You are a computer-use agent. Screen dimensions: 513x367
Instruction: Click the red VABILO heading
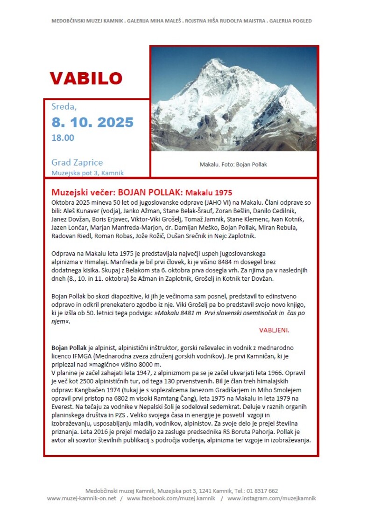click(x=86, y=78)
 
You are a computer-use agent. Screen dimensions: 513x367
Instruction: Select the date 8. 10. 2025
click(x=92, y=122)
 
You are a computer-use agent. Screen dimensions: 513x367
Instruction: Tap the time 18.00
click(x=63, y=138)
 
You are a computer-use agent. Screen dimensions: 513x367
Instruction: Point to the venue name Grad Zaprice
click(x=77, y=162)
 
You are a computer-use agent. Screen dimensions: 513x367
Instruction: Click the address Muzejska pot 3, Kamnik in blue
click(x=87, y=173)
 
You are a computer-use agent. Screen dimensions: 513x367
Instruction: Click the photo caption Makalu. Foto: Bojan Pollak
click(x=233, y=165)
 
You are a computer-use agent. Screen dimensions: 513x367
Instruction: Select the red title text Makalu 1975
click(x=209, y=192)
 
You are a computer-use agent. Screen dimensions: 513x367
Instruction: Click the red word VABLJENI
click(x=274, y=330)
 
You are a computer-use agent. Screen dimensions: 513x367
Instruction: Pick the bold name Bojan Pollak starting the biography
click(x=68, y=348)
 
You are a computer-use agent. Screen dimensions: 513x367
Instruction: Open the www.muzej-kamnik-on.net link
click(x=81, y=498)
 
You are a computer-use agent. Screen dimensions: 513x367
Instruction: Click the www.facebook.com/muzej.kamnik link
click(x=171, y=498)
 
